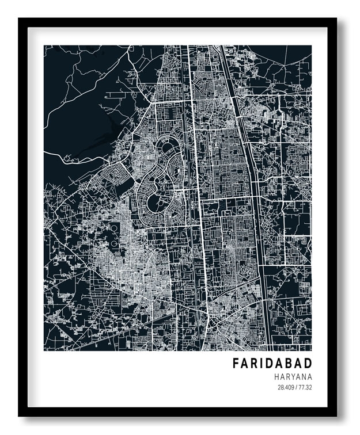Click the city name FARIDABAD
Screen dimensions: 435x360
pyautogui.click(x=272, y=364)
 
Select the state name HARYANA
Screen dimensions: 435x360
pyautogui.click(x=293, y=376)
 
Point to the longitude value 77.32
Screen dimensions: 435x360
pyautogui.click(x=304, y=387)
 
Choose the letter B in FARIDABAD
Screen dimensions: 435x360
pyautogui.click(x=286, y=364)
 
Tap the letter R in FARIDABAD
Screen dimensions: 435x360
pyautogui.click(x=254, y=364)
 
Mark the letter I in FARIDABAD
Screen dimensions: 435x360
pyautogui.click(x=262, y=364)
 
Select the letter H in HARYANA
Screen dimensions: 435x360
pyautogui.click(x=276, y=376)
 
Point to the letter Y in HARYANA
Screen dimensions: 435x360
pyautogui.click(x=293, y=376)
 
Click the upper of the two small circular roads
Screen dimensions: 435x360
pyautogui.click(x=114, y=229)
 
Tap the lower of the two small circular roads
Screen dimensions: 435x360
pyautogui.click(x=114, y=243)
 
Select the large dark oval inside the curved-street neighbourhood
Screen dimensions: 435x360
pyautogui.click(x=154, y=203)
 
